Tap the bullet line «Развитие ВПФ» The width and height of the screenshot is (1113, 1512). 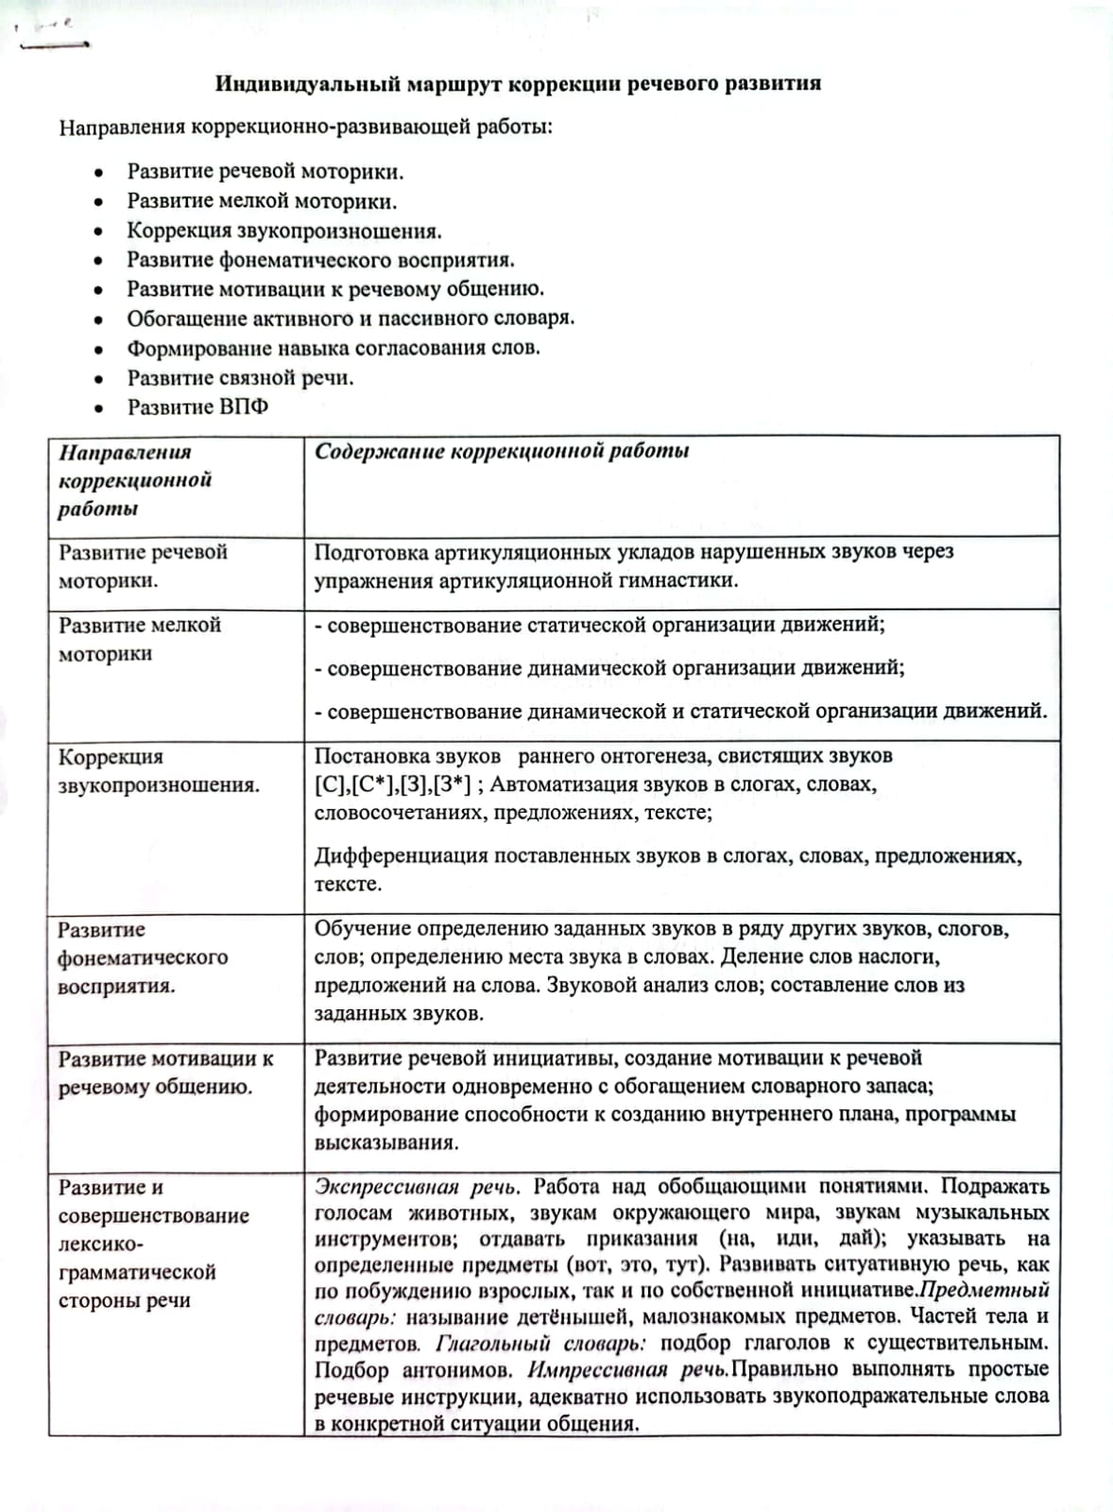coord(197,407)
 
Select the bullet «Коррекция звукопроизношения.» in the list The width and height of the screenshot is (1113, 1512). coord(284,232)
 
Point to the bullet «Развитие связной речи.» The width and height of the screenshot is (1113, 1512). coord(241,378)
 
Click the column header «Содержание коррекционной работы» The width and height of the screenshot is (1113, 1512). coord(502,452)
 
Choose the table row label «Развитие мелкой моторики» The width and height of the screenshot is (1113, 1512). coord(140,639)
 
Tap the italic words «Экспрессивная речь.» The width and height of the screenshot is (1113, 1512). coord(417,1187)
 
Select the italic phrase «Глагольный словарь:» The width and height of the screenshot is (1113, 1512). coord(540,1343)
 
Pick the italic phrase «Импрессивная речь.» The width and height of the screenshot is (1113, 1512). coord(627,1369)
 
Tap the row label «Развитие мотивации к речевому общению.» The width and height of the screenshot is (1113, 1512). coord(165,1073)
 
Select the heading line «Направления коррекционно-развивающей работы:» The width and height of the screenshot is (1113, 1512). coord(305,127)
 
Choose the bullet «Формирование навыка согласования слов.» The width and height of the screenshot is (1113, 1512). coord(334,349)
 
